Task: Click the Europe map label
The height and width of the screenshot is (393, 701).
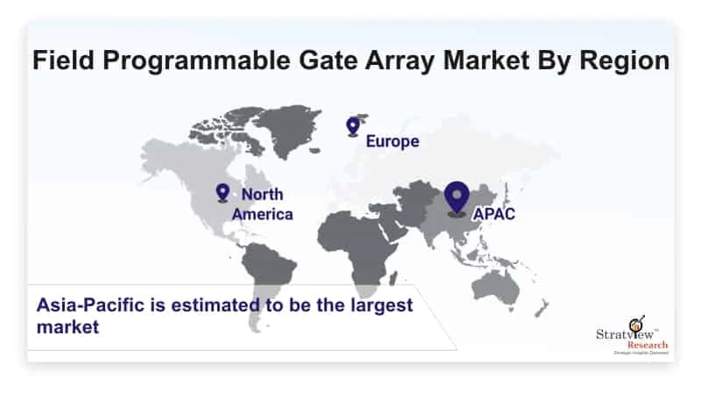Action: (x=392, y=141)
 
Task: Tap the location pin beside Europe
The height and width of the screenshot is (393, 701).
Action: (x=353, y=127)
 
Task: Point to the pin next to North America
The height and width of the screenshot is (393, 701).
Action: (x=223, y=193)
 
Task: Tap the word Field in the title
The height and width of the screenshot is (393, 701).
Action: (x=62, y=61)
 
